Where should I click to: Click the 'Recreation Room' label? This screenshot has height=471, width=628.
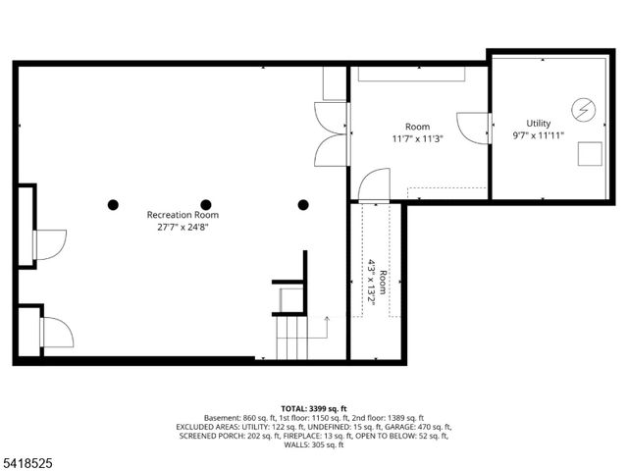(x=183, y=215)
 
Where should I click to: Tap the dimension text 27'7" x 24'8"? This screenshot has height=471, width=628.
(x=183, y=227)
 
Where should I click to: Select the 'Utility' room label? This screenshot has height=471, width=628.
(x=525, y=125)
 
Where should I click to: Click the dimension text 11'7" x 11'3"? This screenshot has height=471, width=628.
(x=418, y=139)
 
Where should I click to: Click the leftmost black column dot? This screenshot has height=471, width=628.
(x=113, y=205)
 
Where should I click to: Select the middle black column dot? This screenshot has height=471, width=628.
(x=206, y=205)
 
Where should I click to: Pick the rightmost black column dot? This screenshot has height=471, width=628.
(x=303, y=205)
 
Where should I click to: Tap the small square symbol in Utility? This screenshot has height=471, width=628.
(x=590, y=155)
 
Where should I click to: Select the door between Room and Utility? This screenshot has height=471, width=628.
(x=478, y=128)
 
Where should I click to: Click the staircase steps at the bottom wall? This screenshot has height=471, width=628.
(x=290, y=339)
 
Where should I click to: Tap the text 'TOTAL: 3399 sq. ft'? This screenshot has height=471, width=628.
(x=314, y=407)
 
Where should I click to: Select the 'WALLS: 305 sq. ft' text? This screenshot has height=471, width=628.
(x=314, y=445)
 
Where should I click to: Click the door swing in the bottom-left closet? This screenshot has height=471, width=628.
(x=55, y=334)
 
